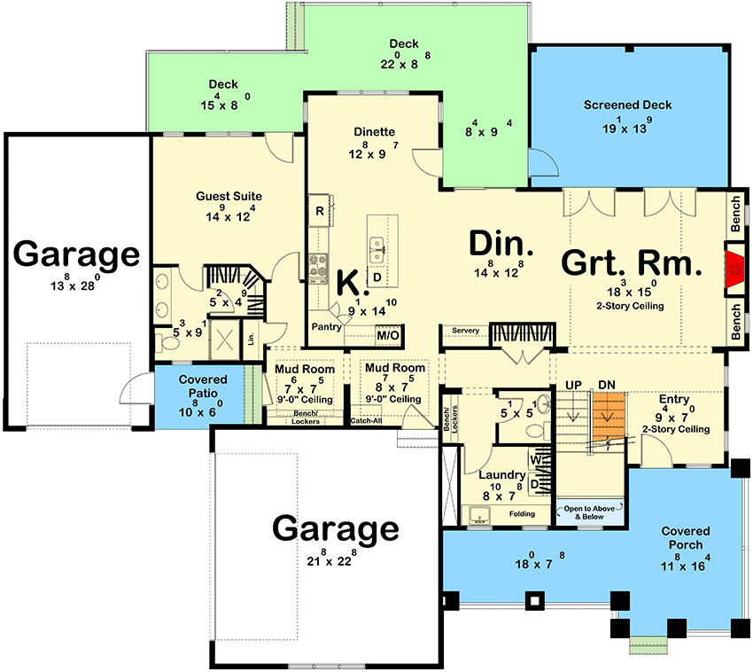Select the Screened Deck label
(627, 105)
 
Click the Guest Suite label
(228, 196)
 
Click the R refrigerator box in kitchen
(319, 211)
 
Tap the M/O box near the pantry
(388, 336)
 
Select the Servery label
(465, 331)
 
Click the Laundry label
(502, 474)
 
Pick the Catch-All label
(367, 420)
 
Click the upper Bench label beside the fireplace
(735, 215)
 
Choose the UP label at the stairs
(573, 384)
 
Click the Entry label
(673, 399)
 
